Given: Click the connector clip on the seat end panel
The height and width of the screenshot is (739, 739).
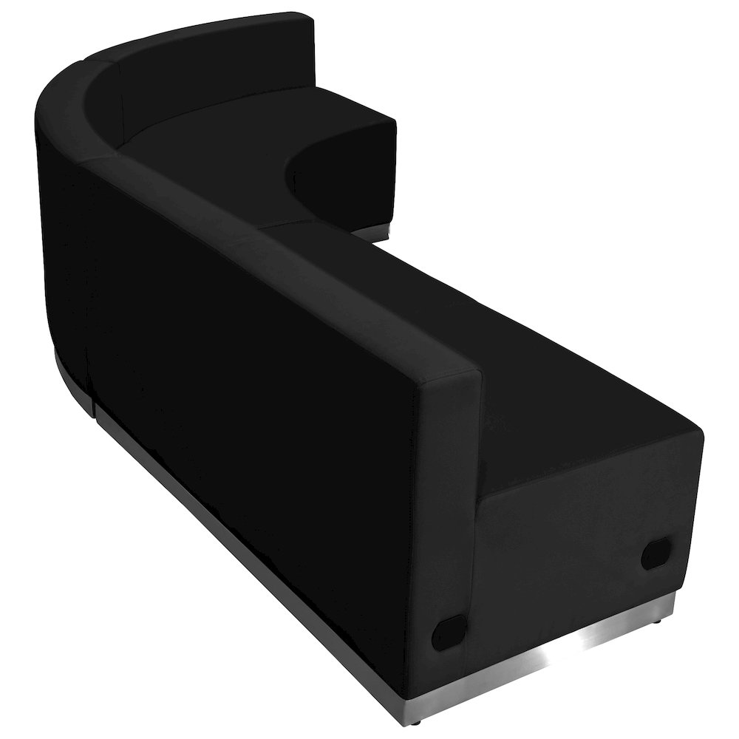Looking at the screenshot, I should [x=655, y=554].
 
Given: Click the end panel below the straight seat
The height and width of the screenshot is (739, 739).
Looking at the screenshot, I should [x=584, y=539].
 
